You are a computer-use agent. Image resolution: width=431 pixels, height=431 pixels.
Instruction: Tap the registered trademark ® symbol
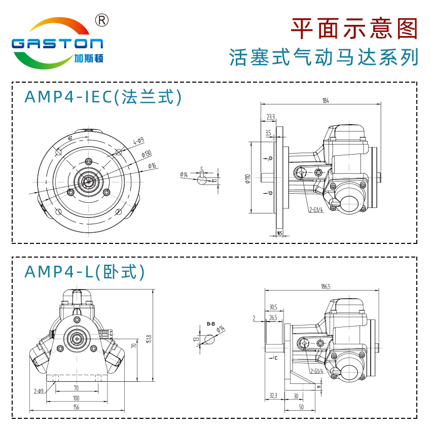tap(102, 20)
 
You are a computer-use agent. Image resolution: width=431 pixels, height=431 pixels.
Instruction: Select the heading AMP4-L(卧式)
tap(85, 272)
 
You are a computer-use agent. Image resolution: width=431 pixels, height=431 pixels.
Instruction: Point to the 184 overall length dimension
tap(325, 101)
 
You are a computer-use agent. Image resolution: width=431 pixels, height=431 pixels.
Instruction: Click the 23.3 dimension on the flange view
tap(270, 117)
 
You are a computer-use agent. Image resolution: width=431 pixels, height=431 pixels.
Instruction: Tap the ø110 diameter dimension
tap(247, 178)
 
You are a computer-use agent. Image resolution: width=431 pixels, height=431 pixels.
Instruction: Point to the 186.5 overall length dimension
tap(325, 286)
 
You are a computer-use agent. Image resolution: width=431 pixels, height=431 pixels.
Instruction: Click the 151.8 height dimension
tap(149, 337)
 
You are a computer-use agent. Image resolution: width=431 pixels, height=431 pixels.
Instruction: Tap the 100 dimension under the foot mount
tap(76, 398)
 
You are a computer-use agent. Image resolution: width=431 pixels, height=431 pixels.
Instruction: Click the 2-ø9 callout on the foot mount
tap(38, 390)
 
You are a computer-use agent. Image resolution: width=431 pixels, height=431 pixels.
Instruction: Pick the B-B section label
tap(211, 324)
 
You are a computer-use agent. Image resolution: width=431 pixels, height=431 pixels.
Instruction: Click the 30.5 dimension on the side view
tap(273, 307)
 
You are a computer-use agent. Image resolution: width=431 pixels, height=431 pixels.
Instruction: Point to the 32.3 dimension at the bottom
tap(273, 395)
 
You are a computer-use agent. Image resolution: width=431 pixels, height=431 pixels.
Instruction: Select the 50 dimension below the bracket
tap(301, 407)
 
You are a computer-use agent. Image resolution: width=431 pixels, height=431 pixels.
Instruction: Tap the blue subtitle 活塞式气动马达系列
tap(324, 57)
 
